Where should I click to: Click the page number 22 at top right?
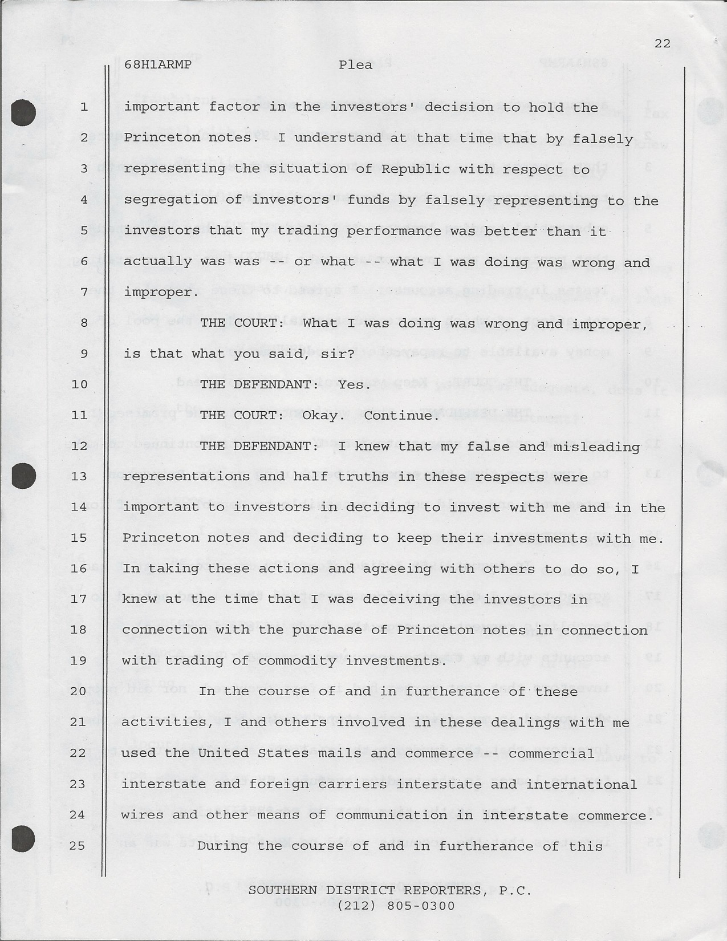point(662,43)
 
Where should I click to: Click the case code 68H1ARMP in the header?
point(157,64)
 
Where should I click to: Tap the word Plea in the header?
point(355,64)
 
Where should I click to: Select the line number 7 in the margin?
point(84,293)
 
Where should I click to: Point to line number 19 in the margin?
point(78,660)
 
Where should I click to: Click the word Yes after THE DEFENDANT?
point(350,384)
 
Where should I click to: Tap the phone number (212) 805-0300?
point(396,906)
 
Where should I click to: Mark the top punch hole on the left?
point(23,112)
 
